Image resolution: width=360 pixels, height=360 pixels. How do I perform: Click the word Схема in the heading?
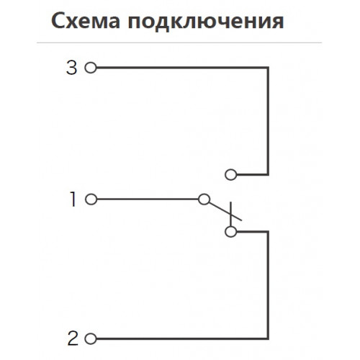[86, 21]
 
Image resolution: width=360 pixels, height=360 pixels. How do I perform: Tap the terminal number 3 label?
[71, 68]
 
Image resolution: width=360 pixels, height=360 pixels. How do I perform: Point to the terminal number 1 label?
[73, 199]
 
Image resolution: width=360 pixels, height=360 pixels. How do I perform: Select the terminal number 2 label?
[73, 338]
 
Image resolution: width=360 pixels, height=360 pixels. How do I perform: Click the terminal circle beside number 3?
[91, 68]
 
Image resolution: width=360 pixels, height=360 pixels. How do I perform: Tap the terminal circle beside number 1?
[91, 199]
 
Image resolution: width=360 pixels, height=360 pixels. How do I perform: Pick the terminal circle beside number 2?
[91, 339]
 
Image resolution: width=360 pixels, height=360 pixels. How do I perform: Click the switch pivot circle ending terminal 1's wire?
[204, 199]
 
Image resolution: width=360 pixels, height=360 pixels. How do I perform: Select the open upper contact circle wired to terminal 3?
[231, 174]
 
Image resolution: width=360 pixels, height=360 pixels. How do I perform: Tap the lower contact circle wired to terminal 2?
[231, 232]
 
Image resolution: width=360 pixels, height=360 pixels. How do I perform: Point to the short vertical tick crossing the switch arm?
[230, 214]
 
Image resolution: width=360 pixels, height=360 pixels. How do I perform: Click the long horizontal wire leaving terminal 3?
[182, 68]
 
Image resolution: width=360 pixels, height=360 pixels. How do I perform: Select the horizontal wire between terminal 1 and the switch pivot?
[148, 199]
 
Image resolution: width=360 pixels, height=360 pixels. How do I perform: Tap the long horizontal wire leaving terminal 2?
[182, 339]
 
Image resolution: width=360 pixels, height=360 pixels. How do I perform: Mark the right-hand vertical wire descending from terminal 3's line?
[268, 121]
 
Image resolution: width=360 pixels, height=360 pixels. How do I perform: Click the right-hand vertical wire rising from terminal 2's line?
[268, 285]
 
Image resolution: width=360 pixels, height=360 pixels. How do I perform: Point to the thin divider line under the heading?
[179, 43]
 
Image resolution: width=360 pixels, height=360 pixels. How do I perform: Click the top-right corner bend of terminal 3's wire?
[268, 68]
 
